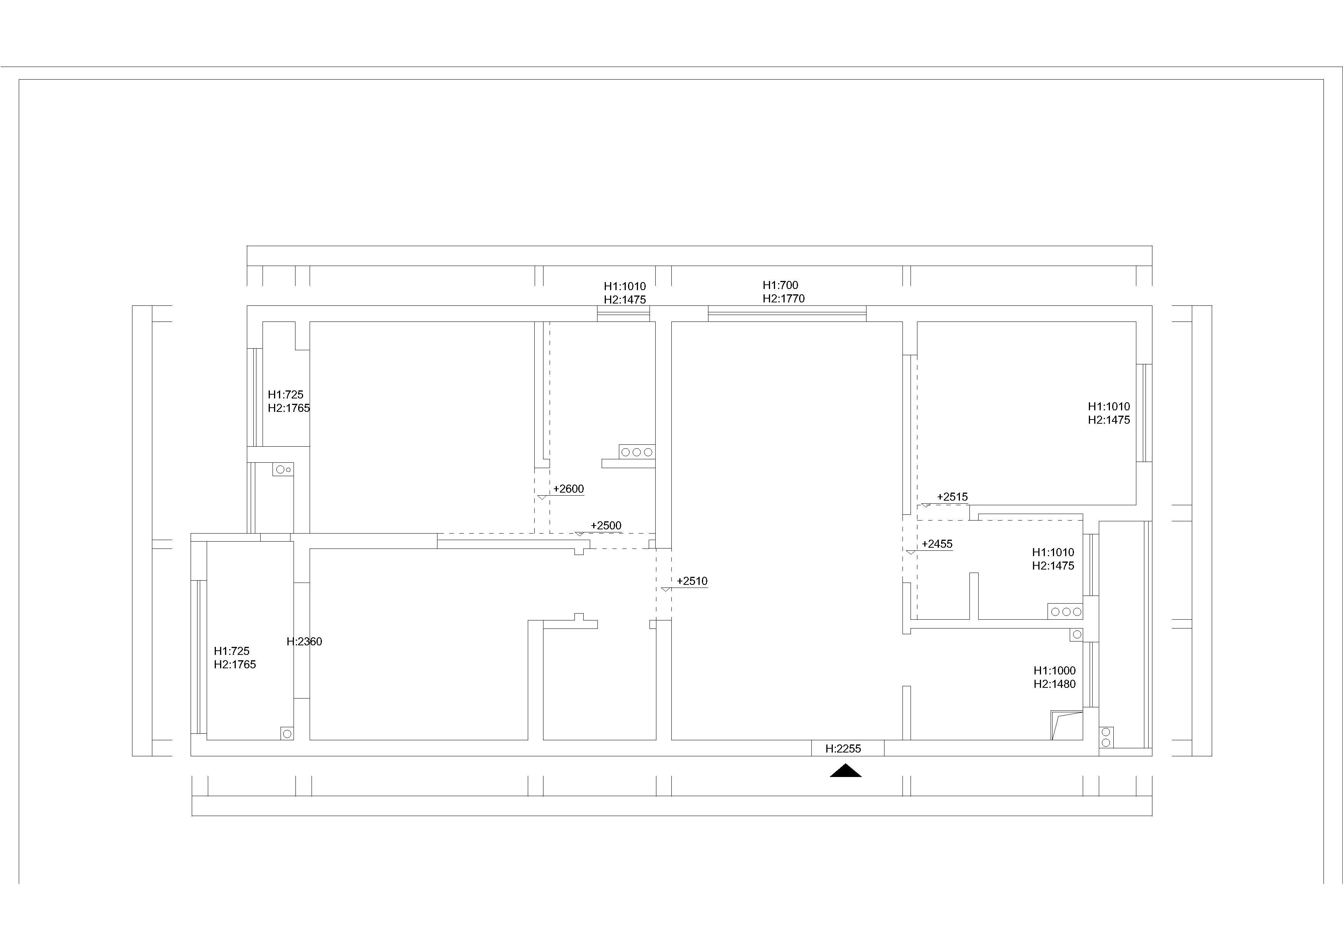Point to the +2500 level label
point(606,525)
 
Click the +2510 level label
point(692,581)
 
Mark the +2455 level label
point(937,544)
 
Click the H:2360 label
point(304,641)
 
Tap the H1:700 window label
point(780,285)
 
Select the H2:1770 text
point(783,298)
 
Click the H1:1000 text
point(1055,670)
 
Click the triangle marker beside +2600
point(542,497)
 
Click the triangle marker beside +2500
point(579,534)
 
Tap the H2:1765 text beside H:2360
point(235,664)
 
